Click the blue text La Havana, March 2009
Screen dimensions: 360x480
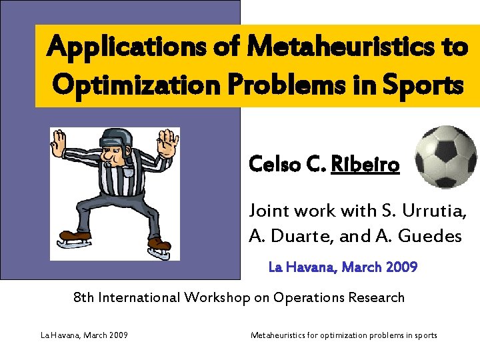coord(343,267)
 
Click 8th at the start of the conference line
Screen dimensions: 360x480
coord(84,297)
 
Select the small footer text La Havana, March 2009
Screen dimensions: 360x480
coord(85,335)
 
